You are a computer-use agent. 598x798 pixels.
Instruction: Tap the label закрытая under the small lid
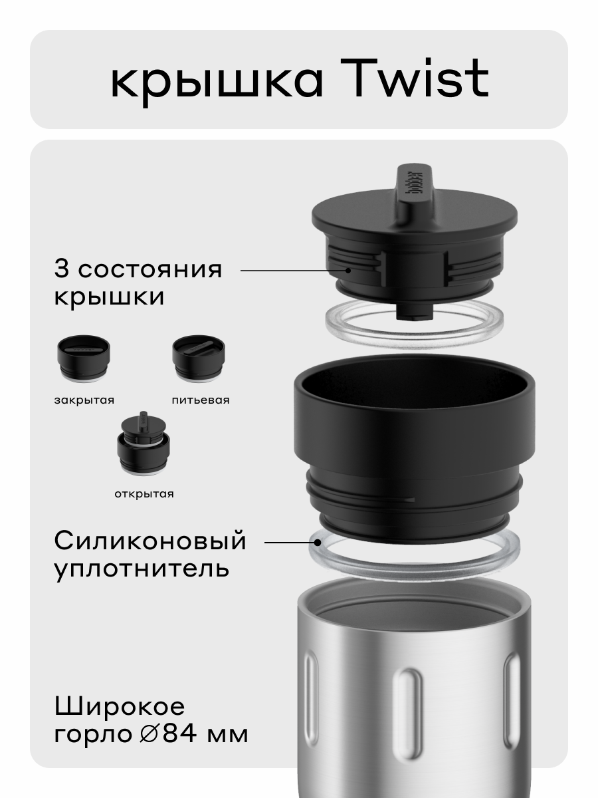[x=84, y=400]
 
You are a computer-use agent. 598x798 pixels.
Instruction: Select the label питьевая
[x=200, y=400]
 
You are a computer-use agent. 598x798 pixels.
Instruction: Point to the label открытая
[x=143, y=494]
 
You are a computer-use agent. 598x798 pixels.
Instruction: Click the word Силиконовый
[x=150, y=541]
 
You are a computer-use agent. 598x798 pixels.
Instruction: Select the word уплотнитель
[x=142, y=569]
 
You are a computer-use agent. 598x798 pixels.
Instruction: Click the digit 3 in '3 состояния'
[x=62, y=271]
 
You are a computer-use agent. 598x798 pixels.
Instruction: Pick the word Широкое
[x=120, y=706]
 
